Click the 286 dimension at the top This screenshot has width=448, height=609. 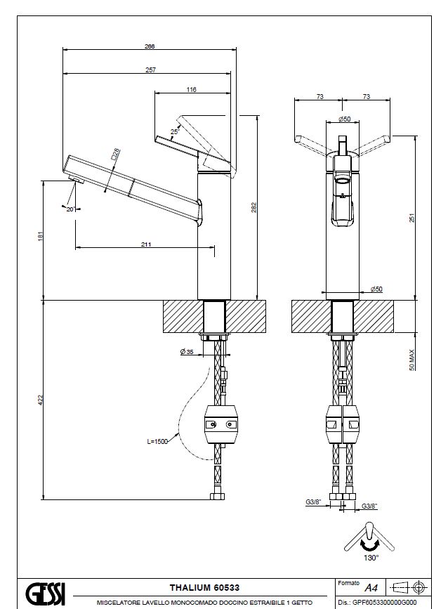(x=149, y=46)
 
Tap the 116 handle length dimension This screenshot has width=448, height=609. (x=192, y=89)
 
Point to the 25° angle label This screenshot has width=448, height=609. (x=174, y=131)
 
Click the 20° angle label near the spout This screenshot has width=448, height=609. (x=71, y=209)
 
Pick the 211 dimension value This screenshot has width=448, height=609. (x=146, y=245)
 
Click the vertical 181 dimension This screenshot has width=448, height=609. (x=39, y=238)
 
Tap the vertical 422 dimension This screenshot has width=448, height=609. (x=39, y=399)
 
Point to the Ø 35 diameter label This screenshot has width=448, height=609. (x=187, y=351)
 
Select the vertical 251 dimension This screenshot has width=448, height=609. (x=411, y=219)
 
